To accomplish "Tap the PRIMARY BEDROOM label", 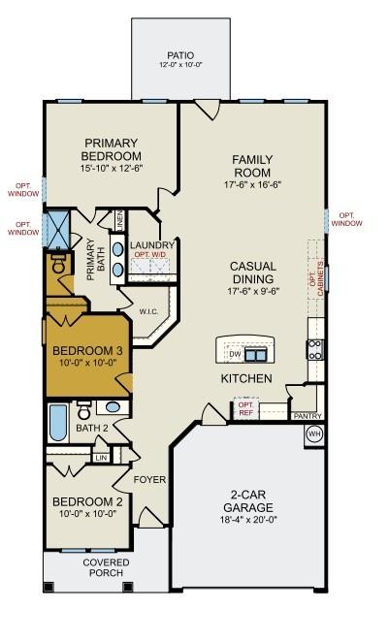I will click(x=113, y=148).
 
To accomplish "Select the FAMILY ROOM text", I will click(x=252, y=166).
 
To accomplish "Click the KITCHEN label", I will click(x=245, y=378).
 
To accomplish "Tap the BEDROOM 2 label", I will click(x=87, y=507).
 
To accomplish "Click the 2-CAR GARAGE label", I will click(x=251, y=505).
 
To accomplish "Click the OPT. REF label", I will click(x=245, y=407).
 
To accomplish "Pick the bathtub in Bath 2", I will click(x=57, y=423).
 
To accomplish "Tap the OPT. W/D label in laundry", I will click(x=149, y=255).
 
